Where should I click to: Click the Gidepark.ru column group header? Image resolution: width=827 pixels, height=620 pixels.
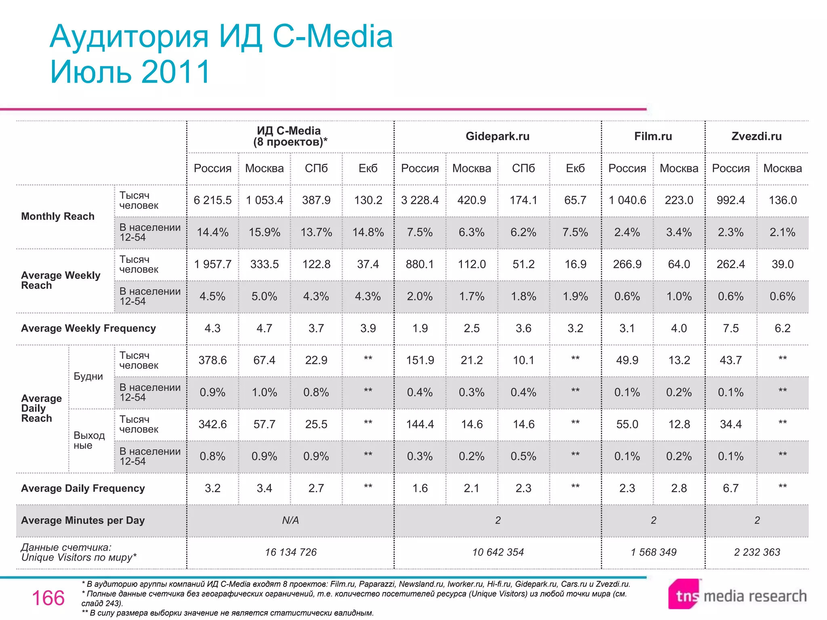497,136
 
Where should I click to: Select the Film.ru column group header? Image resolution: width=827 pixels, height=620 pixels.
653,136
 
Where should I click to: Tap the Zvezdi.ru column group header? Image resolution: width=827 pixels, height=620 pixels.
756,136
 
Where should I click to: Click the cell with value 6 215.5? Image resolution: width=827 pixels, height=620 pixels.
212,200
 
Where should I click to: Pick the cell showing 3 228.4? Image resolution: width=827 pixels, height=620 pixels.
420,200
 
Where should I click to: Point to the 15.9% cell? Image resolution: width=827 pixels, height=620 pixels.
264,232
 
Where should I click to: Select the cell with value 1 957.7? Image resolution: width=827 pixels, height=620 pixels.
212,264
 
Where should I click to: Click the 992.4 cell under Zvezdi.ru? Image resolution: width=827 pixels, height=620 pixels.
730,200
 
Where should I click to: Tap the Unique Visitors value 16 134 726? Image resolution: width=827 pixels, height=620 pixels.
291,552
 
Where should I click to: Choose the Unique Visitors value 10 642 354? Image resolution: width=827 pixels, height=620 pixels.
498,552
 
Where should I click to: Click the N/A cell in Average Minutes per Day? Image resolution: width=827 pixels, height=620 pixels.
290,520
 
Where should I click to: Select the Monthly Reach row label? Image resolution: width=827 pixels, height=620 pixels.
58,216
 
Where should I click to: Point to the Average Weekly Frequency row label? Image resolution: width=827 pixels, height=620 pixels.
88,328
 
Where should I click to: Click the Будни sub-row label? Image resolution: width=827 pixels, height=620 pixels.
88,376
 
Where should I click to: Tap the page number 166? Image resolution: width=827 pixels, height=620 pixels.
48,598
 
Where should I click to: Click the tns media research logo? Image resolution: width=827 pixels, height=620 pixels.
737,595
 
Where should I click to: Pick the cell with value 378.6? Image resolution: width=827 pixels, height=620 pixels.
212,360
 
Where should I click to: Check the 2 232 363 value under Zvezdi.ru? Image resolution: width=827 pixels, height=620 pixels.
757,552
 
